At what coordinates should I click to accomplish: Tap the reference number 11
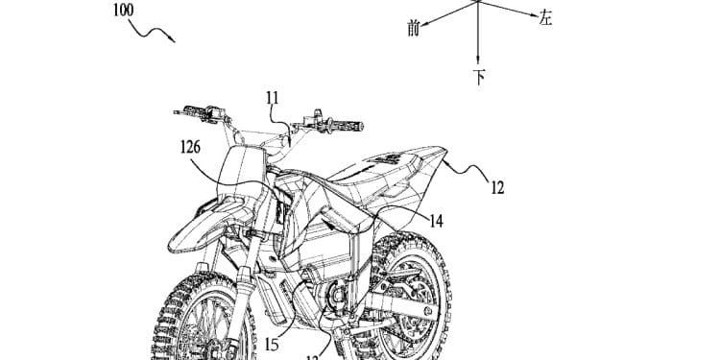273,97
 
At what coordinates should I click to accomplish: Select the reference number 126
189,148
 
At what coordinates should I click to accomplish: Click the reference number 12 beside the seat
496,188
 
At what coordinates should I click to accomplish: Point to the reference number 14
436,221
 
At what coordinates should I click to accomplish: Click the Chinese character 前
414,28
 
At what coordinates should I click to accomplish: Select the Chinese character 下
478,76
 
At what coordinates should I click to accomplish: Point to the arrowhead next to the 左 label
530,15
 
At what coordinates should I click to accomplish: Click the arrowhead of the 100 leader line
173,40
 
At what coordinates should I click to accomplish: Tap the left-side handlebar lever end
179,112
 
